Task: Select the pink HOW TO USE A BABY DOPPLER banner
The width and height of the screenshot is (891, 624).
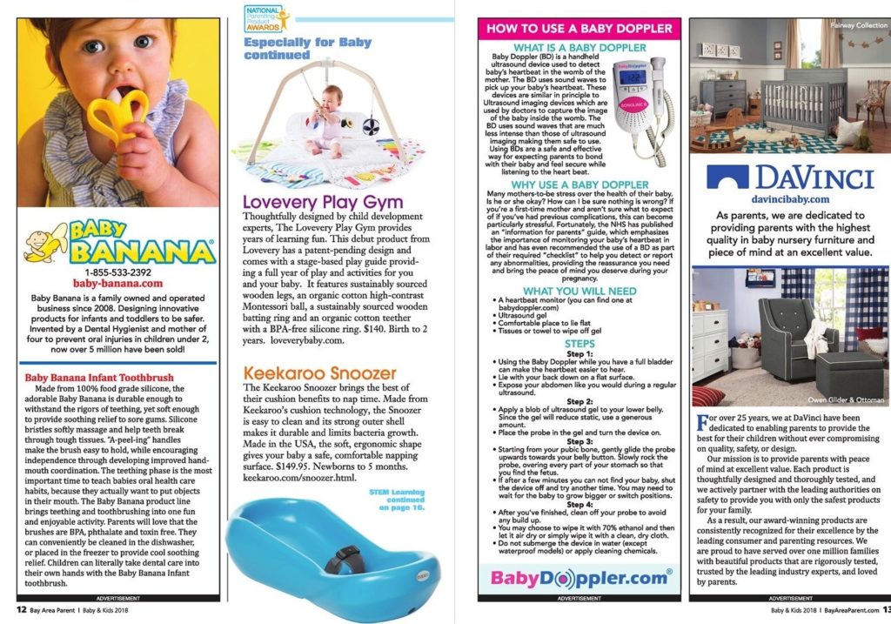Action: pyautogui.click(x=579, y=28)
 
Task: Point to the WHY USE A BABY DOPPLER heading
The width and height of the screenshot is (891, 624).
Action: pyautogui.click(x=579, y=185)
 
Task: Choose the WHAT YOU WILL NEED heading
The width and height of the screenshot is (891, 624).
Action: pyautogui.click(x=579, y=291)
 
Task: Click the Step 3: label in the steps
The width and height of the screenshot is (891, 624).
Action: pyautogui.click(x=579, y=441)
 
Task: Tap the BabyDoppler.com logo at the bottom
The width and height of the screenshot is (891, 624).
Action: pyautogui.click(x=579, y=576)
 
